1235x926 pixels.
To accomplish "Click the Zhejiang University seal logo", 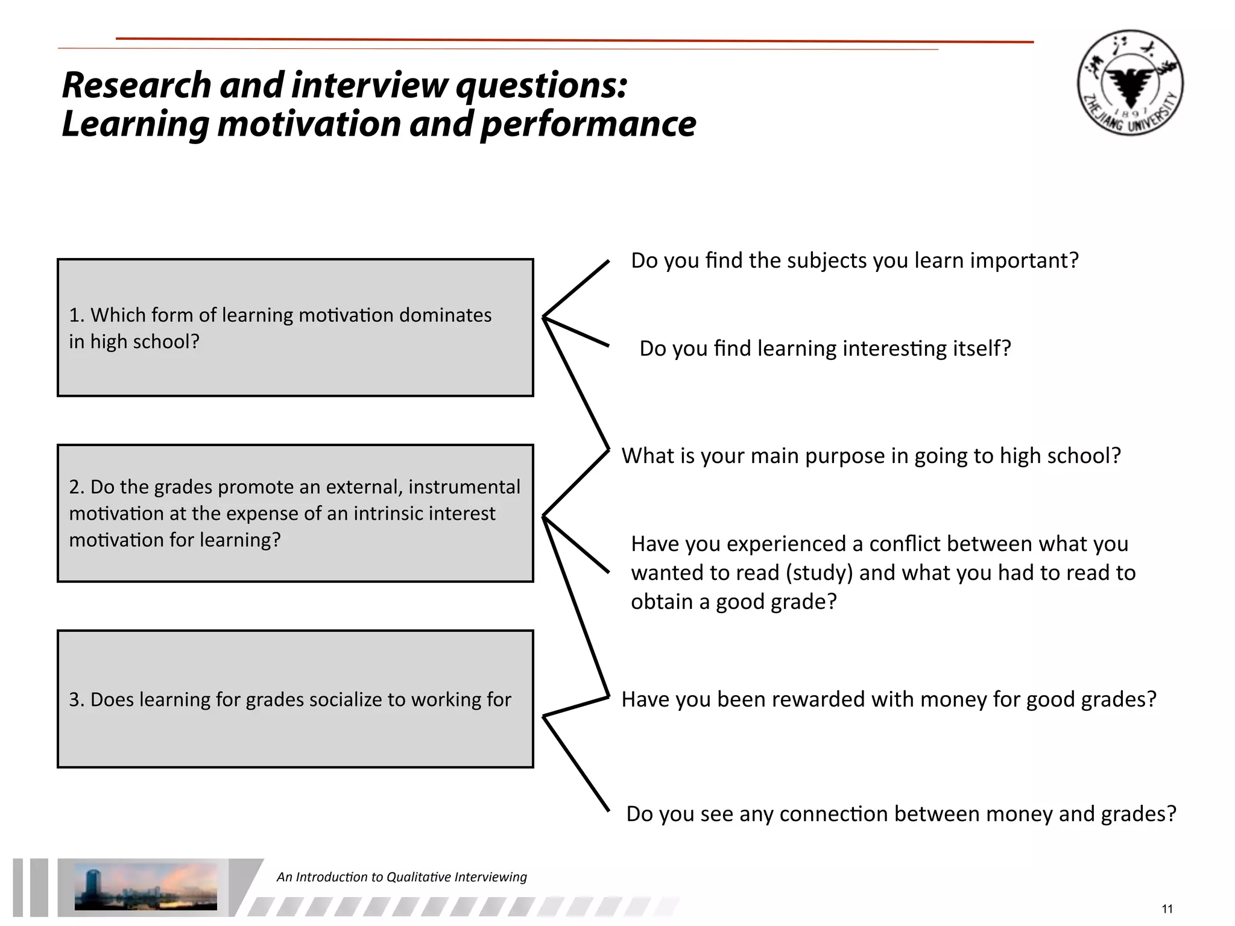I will point(1129,83).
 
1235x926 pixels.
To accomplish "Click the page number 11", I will point(1167,909).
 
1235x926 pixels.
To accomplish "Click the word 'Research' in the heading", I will point(136,85).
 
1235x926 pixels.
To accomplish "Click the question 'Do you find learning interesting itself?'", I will point(824,348).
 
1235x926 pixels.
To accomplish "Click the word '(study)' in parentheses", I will point(820,573).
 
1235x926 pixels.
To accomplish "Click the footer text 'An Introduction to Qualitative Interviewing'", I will point(402,877).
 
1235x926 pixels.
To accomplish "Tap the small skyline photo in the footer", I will point(145,886).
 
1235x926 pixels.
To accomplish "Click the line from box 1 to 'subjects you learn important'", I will point(576,289).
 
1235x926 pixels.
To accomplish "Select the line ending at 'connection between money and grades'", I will point(576,763).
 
